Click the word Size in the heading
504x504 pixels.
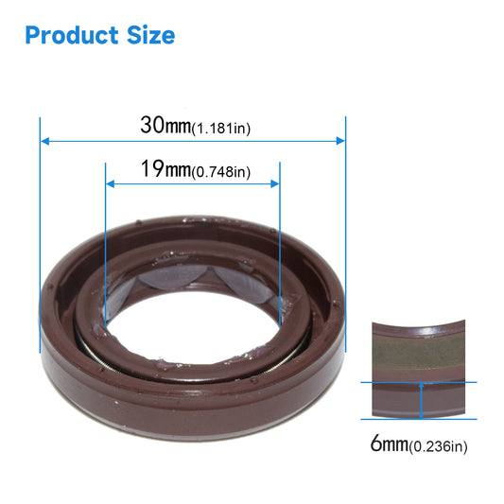click(x=149, y=35)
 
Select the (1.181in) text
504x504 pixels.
click(x=220, y=128)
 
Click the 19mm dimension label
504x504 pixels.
click(x=165, y=170)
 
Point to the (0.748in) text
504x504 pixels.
click(x=220, y=172)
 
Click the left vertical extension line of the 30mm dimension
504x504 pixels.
click(x=40, y=236)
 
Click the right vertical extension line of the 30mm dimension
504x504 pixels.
click(x=346, y=236)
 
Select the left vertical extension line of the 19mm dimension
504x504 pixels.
click(x=104, y=236)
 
